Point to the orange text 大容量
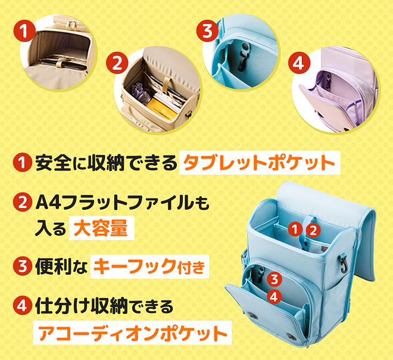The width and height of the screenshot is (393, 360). point(101,228)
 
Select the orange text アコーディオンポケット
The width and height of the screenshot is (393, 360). point(133,332)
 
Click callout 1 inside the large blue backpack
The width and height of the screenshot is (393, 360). point(295,228)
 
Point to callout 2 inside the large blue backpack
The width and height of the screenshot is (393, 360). point(314,228)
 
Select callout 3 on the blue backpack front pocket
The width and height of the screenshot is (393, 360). point(273,278)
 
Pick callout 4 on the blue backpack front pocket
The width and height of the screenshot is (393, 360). point(273,296)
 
